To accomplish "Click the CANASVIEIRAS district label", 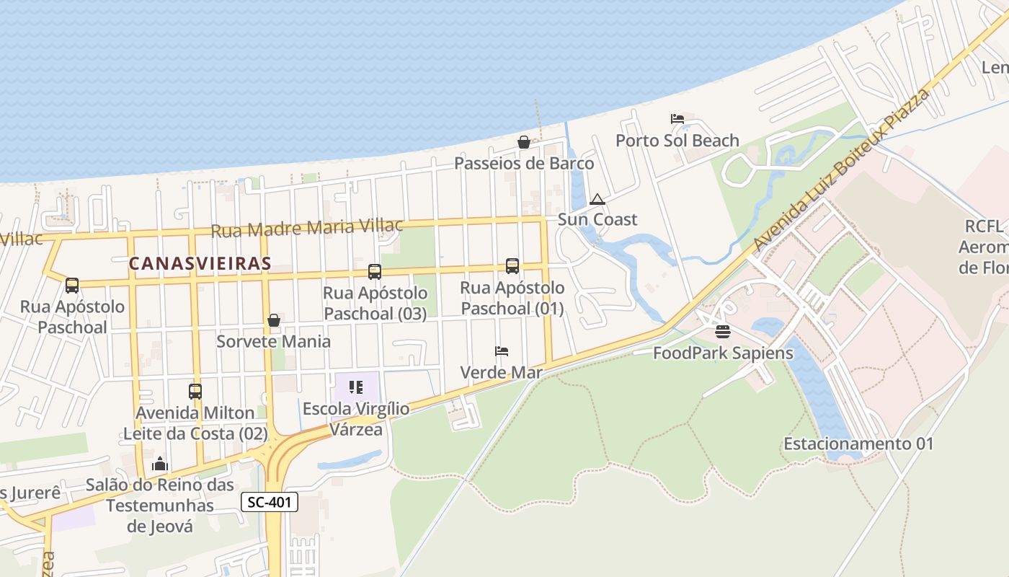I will tap(200, 264).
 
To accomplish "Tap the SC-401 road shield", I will tap(269, 503).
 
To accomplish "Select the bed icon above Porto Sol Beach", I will tap(677, 119).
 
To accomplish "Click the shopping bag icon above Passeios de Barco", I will tap(524, 142).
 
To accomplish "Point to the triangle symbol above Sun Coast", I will tap(597, 199).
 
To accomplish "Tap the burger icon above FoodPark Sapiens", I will tap(723, 332).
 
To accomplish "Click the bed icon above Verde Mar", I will tap(502, 351).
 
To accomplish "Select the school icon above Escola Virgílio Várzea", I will tap(356, 387).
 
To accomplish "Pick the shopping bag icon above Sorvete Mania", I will tap(274, 320).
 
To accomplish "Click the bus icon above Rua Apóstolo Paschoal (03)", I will tap(375, 272).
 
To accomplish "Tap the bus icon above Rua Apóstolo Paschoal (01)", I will tap(512, 266).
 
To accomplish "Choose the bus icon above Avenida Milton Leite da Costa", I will tap(195, 392).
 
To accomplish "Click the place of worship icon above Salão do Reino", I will tap(160, 464).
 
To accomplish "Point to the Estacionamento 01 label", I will tap(858, 444).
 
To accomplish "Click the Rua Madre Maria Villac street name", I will tap(307, 228).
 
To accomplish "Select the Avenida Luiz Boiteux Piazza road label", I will tap(841, 170).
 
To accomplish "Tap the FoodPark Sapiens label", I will tap(723, 353).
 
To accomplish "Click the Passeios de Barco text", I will tap(524, 163).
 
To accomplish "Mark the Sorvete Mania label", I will tap(274, 341).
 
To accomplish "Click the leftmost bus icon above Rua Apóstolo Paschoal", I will tap(72, 286).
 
